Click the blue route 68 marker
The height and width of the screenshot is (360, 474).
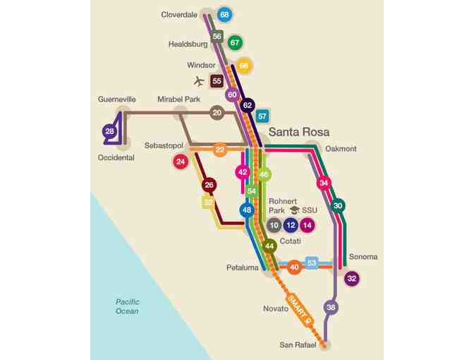(x=224, y=14)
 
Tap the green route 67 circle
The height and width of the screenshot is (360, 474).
(x=235, y=43)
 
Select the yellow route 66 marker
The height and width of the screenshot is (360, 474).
(x=243, y=66)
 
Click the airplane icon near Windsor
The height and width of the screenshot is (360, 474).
(x=198, y=81)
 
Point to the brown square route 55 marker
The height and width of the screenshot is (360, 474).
(x=217, y=81)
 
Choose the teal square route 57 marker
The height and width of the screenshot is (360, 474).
(x=262, y=116)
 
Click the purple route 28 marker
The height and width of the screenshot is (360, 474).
(x=109, y=131)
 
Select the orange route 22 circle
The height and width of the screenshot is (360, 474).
(x=220, y=150)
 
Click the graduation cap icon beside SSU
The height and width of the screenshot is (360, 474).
(x=295, y=210)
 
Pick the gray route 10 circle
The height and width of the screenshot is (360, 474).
(x=274, y=225)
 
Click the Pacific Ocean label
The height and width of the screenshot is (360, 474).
(x=128, y=306)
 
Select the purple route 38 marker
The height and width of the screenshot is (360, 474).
(x=331, y=307)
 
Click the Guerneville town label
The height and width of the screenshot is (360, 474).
(x=117, y=100)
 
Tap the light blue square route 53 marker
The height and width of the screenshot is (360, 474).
(x=312, y=263)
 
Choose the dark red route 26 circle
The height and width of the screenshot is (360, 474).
(x=208, y=186)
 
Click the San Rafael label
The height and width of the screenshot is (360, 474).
(x=298, y=345)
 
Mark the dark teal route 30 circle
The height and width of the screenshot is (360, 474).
(x=339, y=205)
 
